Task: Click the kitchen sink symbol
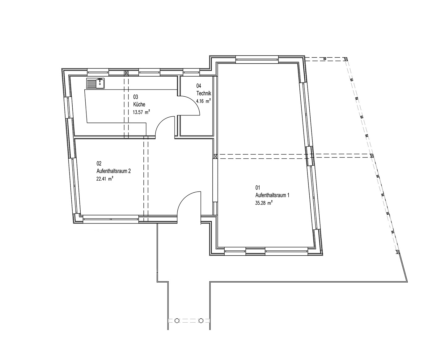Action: pos(95,83)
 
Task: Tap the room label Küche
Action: pos(139,104)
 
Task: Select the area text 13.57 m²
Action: pos(141,112)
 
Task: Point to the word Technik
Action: pos(204,93)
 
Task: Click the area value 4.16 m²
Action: pos(203,101)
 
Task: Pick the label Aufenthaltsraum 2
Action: pos(114,171)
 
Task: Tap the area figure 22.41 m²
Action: pos(105,179)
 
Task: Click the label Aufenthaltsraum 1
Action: pos(272,195)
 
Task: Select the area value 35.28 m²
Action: pos(264,203)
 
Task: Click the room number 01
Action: pos(258,188)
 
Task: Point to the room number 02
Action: pos(99,163)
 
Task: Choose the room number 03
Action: pos(136,97)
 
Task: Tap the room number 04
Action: pos(199,86)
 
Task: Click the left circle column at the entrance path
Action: pos(177,320)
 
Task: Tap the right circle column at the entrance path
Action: pos(201,320)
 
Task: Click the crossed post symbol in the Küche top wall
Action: pos(126,73)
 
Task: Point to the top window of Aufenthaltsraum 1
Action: pos(257,60)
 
